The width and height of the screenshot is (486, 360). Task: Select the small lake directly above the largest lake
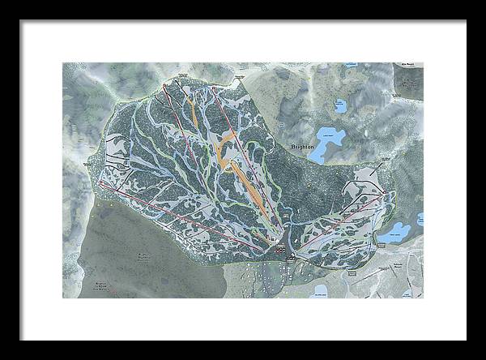340,105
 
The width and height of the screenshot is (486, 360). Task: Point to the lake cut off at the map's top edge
351,64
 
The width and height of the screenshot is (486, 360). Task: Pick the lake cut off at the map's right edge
420,219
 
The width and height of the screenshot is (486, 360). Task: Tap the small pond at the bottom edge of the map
319,290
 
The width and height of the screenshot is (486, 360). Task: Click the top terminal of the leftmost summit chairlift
164,85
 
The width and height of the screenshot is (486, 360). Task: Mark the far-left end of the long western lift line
101,184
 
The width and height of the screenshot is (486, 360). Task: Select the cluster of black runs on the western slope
118,162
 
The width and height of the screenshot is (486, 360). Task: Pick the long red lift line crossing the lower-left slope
178,215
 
